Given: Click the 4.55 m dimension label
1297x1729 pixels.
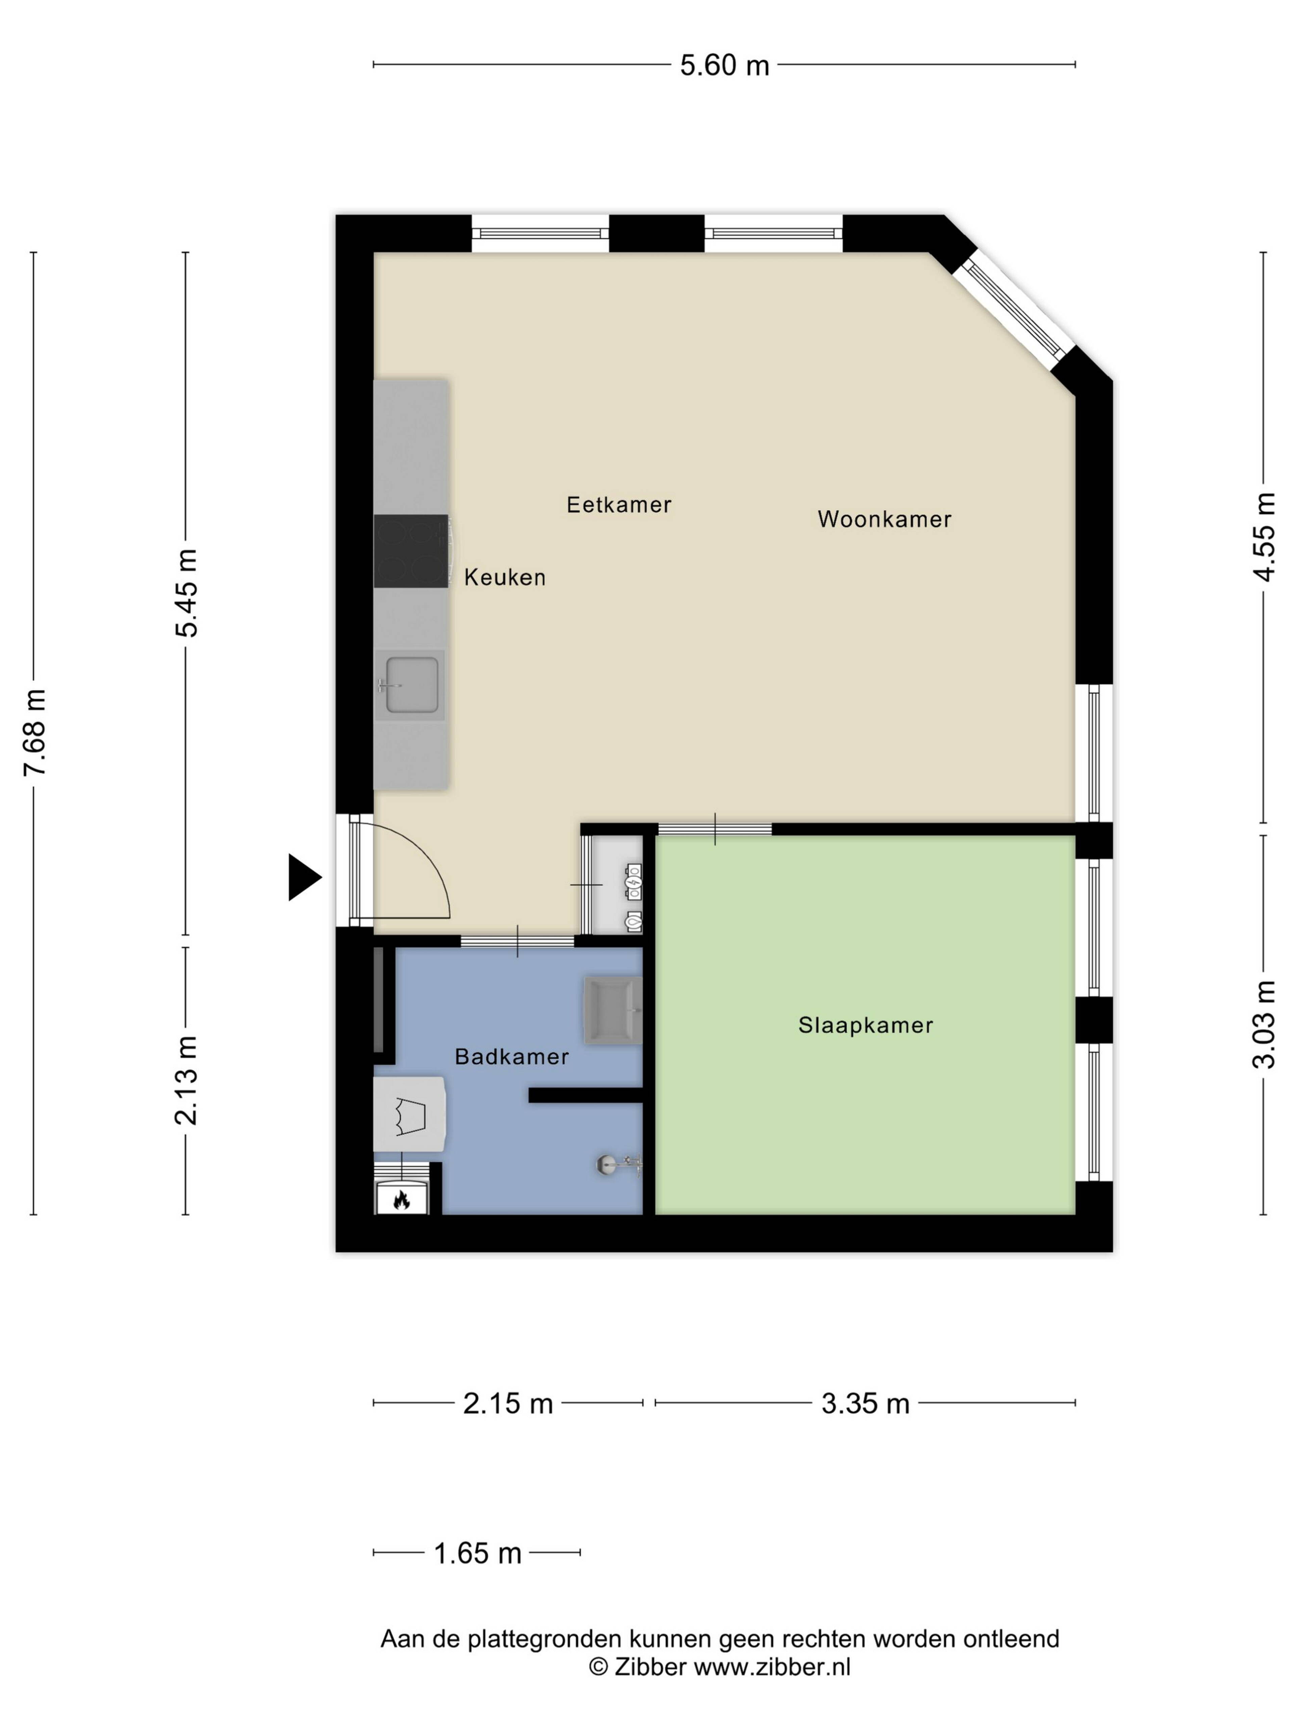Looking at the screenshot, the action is point(1264,537).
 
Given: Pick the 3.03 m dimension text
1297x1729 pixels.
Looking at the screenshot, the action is point(1264,1024).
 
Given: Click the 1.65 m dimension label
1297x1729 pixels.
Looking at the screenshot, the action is point(477,1553).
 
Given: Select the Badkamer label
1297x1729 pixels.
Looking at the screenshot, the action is point(511,1057).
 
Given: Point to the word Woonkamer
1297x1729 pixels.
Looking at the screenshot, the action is point(884,519).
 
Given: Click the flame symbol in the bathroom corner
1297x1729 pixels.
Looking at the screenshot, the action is point(402,1199).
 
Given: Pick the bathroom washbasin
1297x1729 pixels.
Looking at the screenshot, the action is point(614,1011).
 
